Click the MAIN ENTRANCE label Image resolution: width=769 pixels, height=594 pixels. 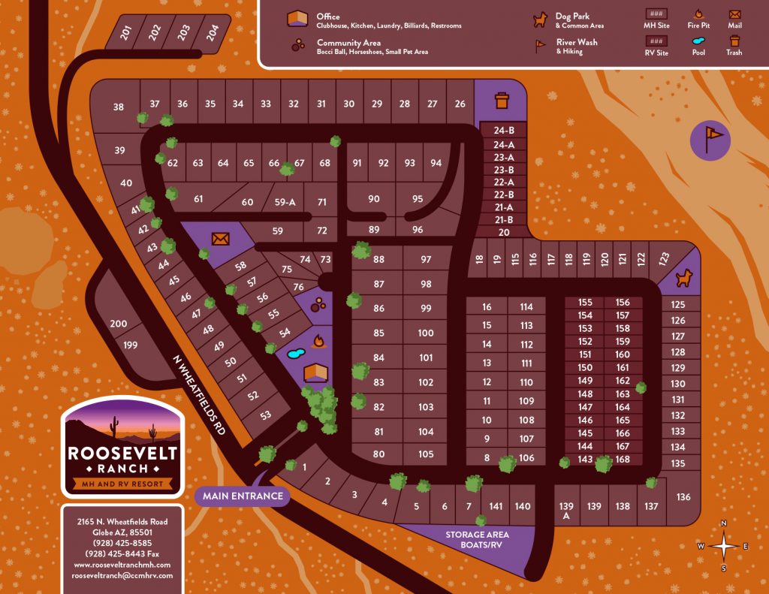243,496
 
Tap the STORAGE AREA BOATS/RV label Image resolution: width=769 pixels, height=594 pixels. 477,540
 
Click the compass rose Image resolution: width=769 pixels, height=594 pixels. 723,546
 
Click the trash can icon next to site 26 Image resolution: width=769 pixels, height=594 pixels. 501,99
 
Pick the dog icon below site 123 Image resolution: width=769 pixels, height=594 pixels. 683,279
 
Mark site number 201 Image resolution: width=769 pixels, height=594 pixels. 126,32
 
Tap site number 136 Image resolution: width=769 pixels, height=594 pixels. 683,497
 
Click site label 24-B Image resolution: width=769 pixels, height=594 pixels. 503,130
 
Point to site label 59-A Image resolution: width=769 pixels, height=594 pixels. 285,202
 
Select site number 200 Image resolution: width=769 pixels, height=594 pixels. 119,324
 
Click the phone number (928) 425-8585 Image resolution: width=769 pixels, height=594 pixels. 122,543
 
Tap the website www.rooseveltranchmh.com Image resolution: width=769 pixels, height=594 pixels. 122,565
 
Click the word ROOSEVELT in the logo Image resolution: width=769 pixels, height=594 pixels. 122,453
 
